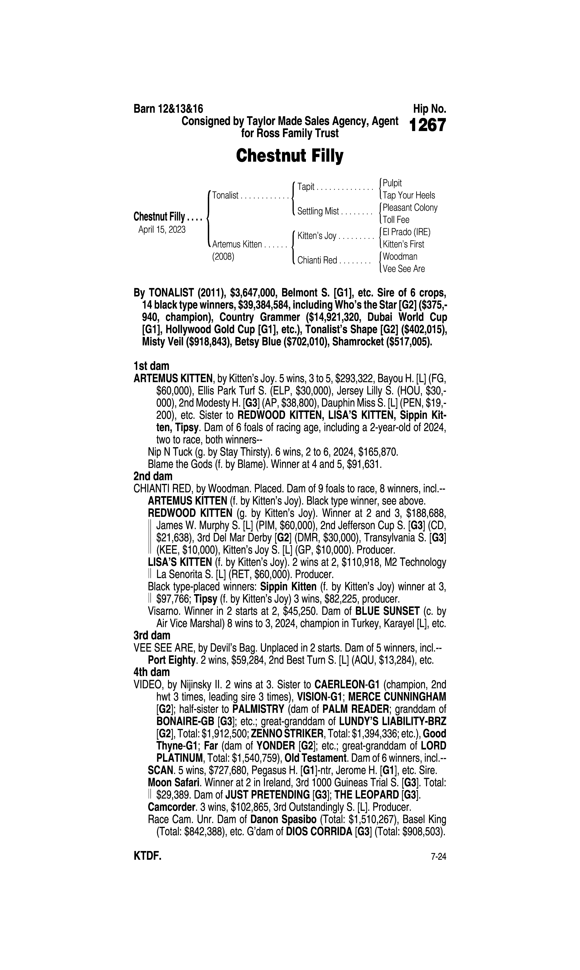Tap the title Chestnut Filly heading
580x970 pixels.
pyautogui.click(x=290, y=156)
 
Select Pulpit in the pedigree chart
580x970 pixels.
pyautogui.click(x=392, y=183)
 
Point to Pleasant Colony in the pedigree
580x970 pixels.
pyautogui.click(x=410, y=207)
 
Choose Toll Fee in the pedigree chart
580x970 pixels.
pyautogui.click(x=396, y=220)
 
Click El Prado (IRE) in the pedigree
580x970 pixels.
pyautogui.click(x=406, y=232)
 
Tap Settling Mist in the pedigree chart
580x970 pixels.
pyautogui.click(x=318, y=211)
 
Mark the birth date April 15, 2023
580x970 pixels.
pyautogui.click(x=162, y=229)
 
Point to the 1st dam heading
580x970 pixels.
pyautogui.click(x=151, y=366)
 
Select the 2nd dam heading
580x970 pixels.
pyautogui.click(x=153, y=476)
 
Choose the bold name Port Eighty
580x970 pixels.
pyautogui.click(x=171, y=660)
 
